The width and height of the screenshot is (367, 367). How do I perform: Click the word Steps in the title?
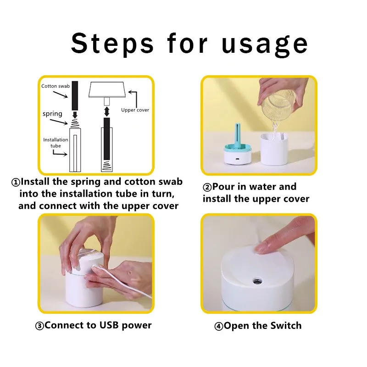[x=113, y=44]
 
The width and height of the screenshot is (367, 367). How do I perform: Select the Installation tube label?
[x=56, y=142]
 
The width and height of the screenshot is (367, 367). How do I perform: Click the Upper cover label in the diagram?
[x=135, y=110]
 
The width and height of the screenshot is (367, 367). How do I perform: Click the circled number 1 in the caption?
[x=16, y=182]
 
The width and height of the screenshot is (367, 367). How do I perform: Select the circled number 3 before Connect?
[x=40, y=326]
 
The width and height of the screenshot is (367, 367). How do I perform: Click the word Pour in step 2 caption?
[x=225, y=187]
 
